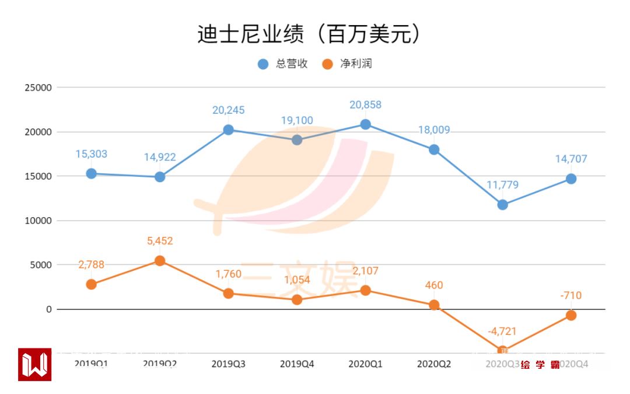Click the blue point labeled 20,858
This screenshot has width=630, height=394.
tap(365, 124)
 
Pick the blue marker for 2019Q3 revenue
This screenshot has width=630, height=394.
tap(229, 130)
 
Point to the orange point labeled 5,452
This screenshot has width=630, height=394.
tap(160, 261)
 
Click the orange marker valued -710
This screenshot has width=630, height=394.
tap(571, 315)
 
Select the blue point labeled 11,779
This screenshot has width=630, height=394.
tap(503, 205)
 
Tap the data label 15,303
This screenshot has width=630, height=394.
tap(92, 154)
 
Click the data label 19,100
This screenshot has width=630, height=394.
tap(297, 121)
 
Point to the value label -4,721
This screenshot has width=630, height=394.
tap(503, 332)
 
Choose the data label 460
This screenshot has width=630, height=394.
tap(434, 285)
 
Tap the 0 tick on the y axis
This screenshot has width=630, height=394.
tap(49, 309)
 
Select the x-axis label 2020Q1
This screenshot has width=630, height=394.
tap(365, 364)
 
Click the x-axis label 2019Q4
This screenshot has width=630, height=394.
tap(297, 364)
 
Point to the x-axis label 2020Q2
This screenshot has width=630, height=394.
tap(434, 364)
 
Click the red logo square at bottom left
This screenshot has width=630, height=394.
tap(34, 365)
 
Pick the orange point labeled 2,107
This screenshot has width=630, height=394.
tap(365, 291)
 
